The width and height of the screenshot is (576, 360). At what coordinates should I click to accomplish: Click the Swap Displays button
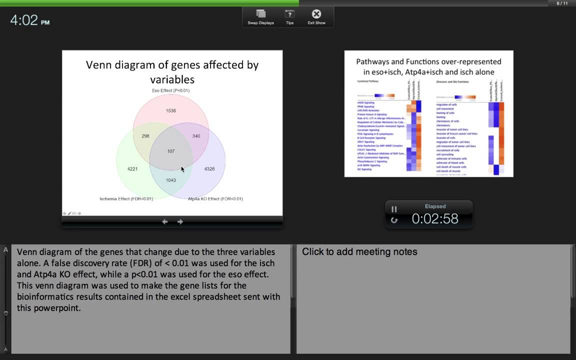pos(260,16)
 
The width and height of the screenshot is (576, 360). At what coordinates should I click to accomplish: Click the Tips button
pos(289,16)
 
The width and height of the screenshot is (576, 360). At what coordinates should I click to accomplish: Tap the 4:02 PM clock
pos(30,20)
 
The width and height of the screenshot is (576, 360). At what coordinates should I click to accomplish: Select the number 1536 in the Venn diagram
pos(171,110)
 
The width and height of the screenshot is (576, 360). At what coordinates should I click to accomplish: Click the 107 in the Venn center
pos(171,151)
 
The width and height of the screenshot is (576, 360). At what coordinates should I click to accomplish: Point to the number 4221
pos(132,169)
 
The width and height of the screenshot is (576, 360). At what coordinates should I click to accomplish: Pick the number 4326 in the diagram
pos(209,169)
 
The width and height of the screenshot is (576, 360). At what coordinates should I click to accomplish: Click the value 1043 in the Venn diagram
pos(171,180)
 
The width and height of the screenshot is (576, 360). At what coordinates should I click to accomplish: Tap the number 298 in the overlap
pos(145,136)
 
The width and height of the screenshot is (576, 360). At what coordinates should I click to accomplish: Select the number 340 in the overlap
pos(196,136)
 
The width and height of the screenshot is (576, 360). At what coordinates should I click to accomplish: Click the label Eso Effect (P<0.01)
pos(170,90)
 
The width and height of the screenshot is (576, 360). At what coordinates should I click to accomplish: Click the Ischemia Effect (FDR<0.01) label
pos(126,198)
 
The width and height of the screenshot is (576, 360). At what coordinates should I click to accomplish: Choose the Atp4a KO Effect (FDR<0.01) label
pos(215,198)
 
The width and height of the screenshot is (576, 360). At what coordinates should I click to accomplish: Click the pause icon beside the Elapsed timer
pos(394,209)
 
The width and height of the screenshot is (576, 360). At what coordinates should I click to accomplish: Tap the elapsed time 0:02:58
pos(434,218)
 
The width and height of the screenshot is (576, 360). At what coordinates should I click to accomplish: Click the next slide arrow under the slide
pos(180,221)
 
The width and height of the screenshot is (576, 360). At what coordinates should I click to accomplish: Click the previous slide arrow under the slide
pos(164,221)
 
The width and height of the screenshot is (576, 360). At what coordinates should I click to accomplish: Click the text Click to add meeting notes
pos(359,252)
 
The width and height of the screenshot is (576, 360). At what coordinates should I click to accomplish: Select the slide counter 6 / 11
pos(562,3)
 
